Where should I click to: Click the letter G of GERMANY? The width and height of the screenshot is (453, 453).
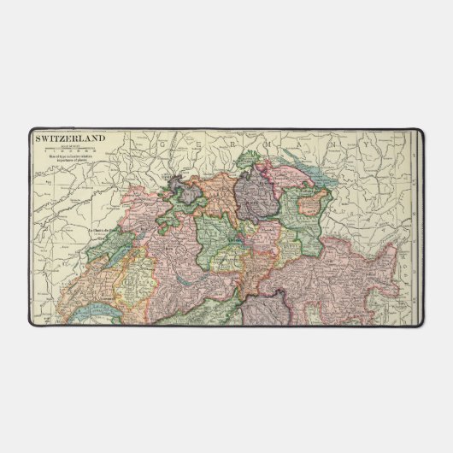162,146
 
